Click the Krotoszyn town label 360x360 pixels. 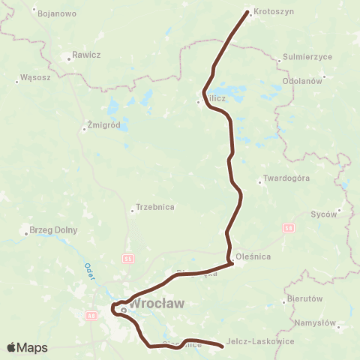click(273, 13)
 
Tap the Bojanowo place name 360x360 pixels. click(55, 13)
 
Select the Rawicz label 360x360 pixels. click(86, 55)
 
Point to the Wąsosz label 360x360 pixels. click(34, 76)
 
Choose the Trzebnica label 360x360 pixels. click(155, 207)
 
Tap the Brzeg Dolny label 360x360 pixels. click(52, 230)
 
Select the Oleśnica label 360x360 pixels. click(253, 256)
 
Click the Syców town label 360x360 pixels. click(324, 214)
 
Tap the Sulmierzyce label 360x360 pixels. click(302, 57)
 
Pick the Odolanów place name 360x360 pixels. click(302, 80)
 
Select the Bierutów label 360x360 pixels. click(304, 298)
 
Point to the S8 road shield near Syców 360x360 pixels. click(289, 226)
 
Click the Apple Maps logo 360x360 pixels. click(27, 347)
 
